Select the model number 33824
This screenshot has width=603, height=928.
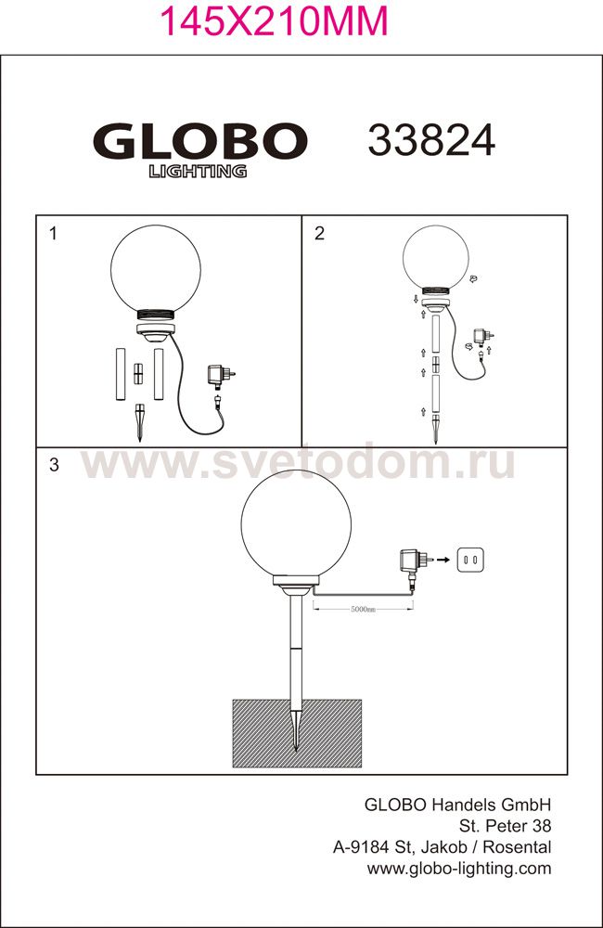(x=431, y=141)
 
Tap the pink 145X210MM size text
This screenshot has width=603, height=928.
(x=275, y=20)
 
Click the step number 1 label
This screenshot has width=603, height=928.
(x=53, y=234)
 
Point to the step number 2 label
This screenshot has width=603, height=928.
(x=319, y=234)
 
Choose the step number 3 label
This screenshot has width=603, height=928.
(x=54, y=465)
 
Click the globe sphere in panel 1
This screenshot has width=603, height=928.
(x=156, y=269)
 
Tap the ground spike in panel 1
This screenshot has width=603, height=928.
(x=140, y=422)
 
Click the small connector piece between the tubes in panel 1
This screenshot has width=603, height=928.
(x=138, y=374)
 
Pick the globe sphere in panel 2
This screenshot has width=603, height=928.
(x=435, y=260)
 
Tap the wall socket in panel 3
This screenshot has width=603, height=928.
(x=471, y=560)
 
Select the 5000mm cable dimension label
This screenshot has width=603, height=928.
(x=363, y=609)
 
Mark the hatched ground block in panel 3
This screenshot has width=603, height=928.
(x=297, y=733)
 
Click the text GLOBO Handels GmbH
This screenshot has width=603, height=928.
(x=457, y=805)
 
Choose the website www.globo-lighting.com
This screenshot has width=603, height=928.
(x=459, y=869)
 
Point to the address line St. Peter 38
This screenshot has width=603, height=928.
(x=506, y=826)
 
